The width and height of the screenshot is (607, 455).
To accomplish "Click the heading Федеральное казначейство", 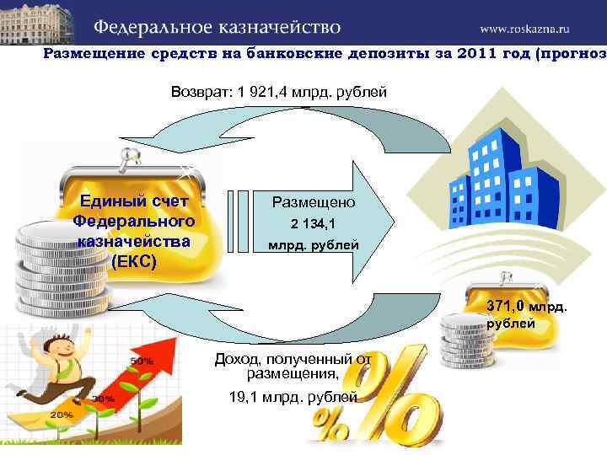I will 217,26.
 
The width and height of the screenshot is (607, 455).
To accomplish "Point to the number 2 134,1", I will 313,224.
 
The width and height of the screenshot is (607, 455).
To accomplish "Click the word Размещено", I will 314,202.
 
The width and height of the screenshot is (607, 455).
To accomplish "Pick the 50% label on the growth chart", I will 142,361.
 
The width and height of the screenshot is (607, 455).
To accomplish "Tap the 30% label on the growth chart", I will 103,399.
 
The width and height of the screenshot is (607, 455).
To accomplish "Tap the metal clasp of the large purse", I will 130,155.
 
